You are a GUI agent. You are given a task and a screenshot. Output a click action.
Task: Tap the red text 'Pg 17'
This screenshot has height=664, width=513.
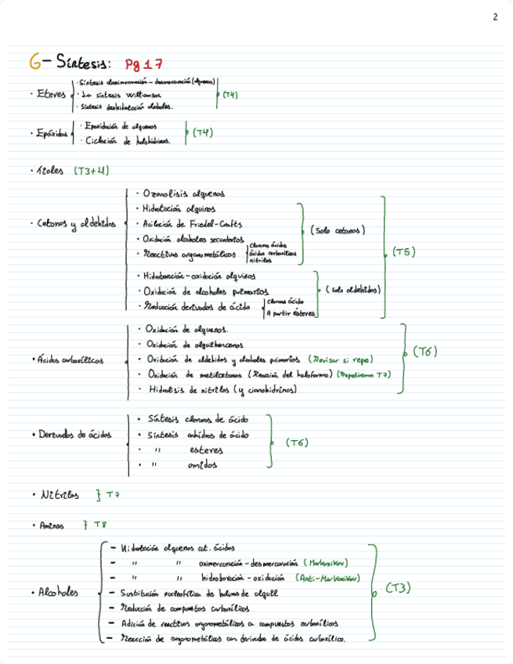(x=147, y=63)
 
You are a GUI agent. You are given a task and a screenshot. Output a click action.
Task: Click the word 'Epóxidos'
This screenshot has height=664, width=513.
(x=51, y=135)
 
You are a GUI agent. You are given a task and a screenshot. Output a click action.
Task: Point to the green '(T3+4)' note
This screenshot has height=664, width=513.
(x=92, y=169)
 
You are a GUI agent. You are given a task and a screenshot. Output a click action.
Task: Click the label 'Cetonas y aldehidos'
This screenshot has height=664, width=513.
(x=76, y=224)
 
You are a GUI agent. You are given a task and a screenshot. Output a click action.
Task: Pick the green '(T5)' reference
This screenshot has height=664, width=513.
(x=404, y=252)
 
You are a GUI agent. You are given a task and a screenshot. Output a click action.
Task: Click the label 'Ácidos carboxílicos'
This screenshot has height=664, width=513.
(x=69, y=361)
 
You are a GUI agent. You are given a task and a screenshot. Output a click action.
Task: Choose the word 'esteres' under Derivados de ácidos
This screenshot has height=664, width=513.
(x=207, y=450)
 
